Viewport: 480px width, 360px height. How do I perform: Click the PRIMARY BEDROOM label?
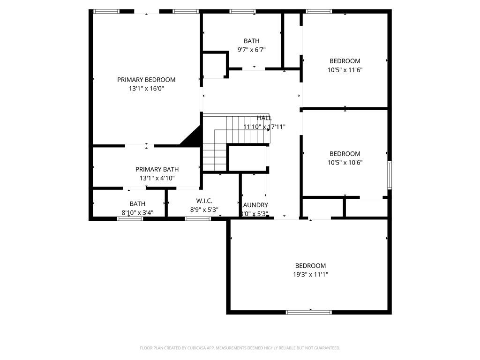click(146, 80)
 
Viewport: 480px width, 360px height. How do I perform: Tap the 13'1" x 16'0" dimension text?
click(146, 89)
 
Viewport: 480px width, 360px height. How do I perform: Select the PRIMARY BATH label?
click(157, 169)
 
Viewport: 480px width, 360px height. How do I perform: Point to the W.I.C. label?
click(204, 201)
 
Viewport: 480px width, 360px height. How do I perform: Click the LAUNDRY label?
click(255, 205)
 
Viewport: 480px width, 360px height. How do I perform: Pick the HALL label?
click(264, 118)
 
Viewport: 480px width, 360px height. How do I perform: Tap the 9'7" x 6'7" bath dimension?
click(251, 50)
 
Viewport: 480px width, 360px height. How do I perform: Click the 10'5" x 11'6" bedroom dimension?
click(345, 70)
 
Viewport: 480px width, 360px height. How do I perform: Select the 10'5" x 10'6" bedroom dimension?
click(345, 163)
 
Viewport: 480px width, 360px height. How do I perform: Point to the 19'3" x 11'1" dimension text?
click(310, 275)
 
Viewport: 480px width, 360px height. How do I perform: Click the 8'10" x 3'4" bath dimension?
click(137, 213)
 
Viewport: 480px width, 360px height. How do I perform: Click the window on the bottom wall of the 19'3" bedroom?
click(308, 312)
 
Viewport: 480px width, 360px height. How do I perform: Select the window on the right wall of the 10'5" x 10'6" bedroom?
click(389, 175)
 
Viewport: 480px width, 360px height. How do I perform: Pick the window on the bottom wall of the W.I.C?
click(197, 218)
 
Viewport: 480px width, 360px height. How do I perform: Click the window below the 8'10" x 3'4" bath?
click(130, 218)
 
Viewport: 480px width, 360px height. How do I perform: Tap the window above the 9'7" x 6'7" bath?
click(242, 11)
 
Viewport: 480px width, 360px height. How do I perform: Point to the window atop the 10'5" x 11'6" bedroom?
click(319, 11)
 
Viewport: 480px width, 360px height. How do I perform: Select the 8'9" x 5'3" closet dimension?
click(204, 210)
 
